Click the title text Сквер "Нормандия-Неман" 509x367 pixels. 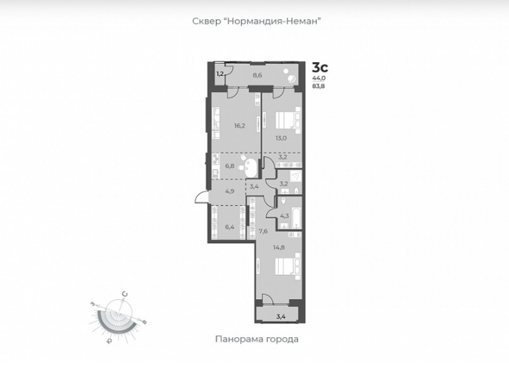click(257, 22)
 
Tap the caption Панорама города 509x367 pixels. click(257, 339)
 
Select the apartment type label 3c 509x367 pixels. click(320, 68)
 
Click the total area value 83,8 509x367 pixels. click(319, 86)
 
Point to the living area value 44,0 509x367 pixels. click(319, 78)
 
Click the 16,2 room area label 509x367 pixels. click(240, 126)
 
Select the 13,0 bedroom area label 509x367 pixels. click(281, 138)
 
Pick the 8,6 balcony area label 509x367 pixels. click(258, 76)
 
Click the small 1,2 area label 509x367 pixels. click(220, 74)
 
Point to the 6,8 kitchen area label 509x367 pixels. click(230, 166)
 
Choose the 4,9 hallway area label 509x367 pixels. click(230, 190)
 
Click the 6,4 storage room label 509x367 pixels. click(230, 227)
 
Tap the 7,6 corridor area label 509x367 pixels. click(263, 231)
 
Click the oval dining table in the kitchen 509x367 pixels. click(251, 167)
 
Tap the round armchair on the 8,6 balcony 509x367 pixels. click(291, 78)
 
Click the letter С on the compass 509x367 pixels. click(124, 294)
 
